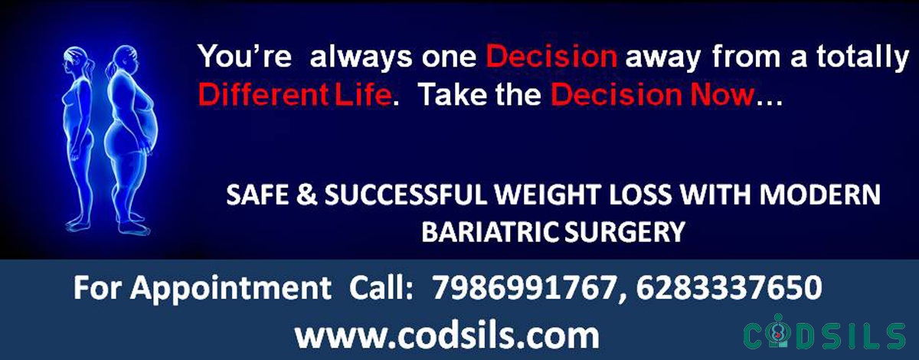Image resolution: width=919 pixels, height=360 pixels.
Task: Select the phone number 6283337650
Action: click(729, 288)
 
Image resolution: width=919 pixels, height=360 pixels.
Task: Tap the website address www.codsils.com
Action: click(447, 335)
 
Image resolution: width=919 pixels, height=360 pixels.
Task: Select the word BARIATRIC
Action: click(490, 232)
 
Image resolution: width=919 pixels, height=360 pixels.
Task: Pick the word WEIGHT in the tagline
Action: click(548, 195)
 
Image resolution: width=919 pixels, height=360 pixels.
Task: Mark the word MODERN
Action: click(820, 195)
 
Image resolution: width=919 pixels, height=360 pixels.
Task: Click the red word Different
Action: click(263, 94)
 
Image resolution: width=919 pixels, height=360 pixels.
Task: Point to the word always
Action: click(361, 57)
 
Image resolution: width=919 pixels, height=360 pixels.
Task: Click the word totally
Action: click(862, 57)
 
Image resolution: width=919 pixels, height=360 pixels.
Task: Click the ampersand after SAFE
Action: click(306, 195)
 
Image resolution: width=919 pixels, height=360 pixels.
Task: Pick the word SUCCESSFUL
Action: click(405, 195)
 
